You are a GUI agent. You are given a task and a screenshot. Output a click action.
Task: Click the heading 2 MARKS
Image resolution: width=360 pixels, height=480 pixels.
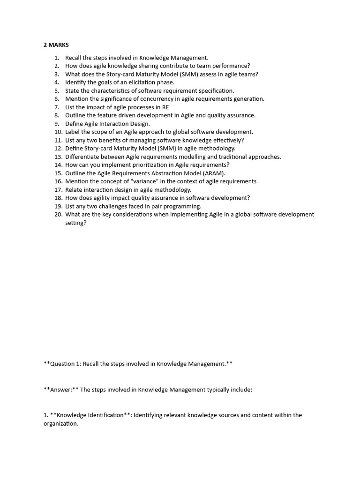56,45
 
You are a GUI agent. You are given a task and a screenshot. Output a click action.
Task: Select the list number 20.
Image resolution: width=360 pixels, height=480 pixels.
58,214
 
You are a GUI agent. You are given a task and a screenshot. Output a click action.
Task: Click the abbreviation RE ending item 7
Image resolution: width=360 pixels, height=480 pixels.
165,107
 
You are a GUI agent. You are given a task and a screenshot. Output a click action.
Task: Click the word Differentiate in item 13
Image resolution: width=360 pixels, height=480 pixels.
82,157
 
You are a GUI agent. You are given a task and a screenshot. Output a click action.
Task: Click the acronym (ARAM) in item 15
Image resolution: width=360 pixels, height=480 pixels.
215,173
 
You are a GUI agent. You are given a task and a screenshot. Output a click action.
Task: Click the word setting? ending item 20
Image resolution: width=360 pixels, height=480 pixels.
76,223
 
